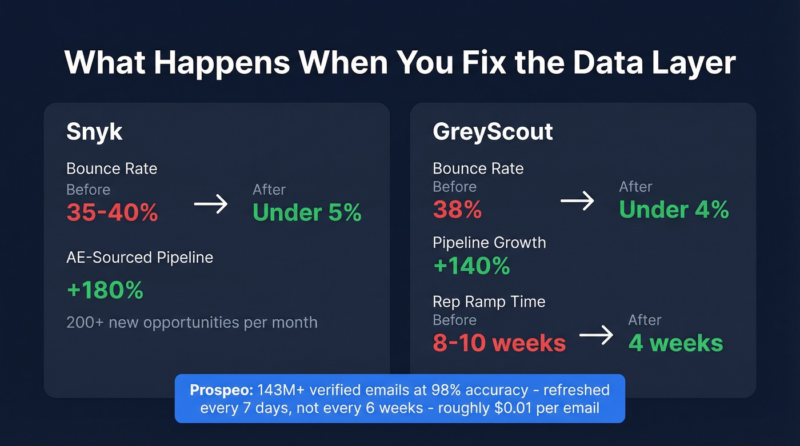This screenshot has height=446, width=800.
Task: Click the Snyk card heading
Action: pyautogui.click(x=94, y=132)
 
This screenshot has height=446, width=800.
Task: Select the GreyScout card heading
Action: pyautogui.click(x=493, y=132)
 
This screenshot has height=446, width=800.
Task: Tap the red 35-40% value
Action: pyautogui.click(x=112, y=213)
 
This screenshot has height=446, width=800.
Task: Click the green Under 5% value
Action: pyautogui.click(x=307, y=213)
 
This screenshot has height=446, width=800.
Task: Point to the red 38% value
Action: pyautogui.click(x=457, y=210)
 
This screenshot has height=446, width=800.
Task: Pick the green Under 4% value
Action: pyautogui.click(x=674, y=210)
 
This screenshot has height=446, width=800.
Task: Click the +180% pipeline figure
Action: pyautogui.click(x=105, y=290)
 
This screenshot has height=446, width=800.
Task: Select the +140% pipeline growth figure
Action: pyautogui.click(x=471, y=266)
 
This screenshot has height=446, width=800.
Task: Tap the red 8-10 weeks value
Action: pyautogui.click(x=499, y=343)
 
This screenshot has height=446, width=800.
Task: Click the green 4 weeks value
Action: pyautogui.click(x=675, y=343)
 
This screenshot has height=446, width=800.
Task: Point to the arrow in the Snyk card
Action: pyautogui.click(x=211, y=204)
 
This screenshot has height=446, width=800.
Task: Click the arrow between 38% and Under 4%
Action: pyautogui.click(x=577, y=200)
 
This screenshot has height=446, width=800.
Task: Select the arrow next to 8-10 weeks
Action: pyautogui.click(x=596, y=335)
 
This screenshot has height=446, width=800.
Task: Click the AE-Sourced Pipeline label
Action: pyautogui.click(x=139, y=258)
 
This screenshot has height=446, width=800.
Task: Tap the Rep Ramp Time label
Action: pyautogui.click(x=489, y=302)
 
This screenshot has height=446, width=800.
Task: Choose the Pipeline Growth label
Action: pyautogui.click(x=489, y=243)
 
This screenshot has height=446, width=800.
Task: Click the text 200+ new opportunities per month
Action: pyautogui.click(x=191, y=322)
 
